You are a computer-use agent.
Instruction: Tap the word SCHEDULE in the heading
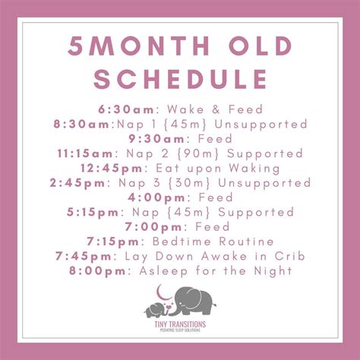(x=180, y=79)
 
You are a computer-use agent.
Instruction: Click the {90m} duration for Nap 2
(x=200, y=153)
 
